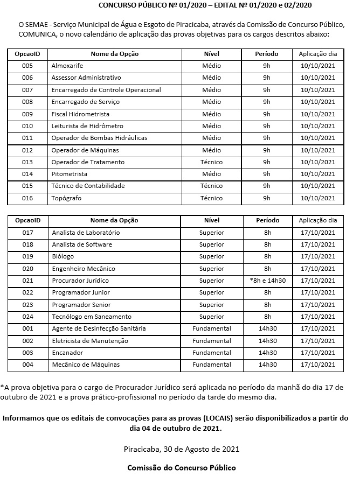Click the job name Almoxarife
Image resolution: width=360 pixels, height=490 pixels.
67,66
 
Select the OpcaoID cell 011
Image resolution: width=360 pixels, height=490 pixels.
27,138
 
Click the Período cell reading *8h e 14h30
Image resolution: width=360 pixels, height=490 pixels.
267,281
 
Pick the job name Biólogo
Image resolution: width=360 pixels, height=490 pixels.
63,256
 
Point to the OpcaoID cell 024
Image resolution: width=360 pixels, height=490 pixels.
28,317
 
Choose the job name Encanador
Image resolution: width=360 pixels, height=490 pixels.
67,353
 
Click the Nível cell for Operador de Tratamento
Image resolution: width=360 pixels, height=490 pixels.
211,162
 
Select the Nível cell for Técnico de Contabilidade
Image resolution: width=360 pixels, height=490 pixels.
211,186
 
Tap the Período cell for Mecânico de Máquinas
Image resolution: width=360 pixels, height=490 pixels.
267,365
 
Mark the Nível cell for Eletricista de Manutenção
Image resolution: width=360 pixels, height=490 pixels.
211,341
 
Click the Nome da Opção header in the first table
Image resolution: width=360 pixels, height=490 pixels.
114,54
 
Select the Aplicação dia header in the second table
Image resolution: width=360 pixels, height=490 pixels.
317,220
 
